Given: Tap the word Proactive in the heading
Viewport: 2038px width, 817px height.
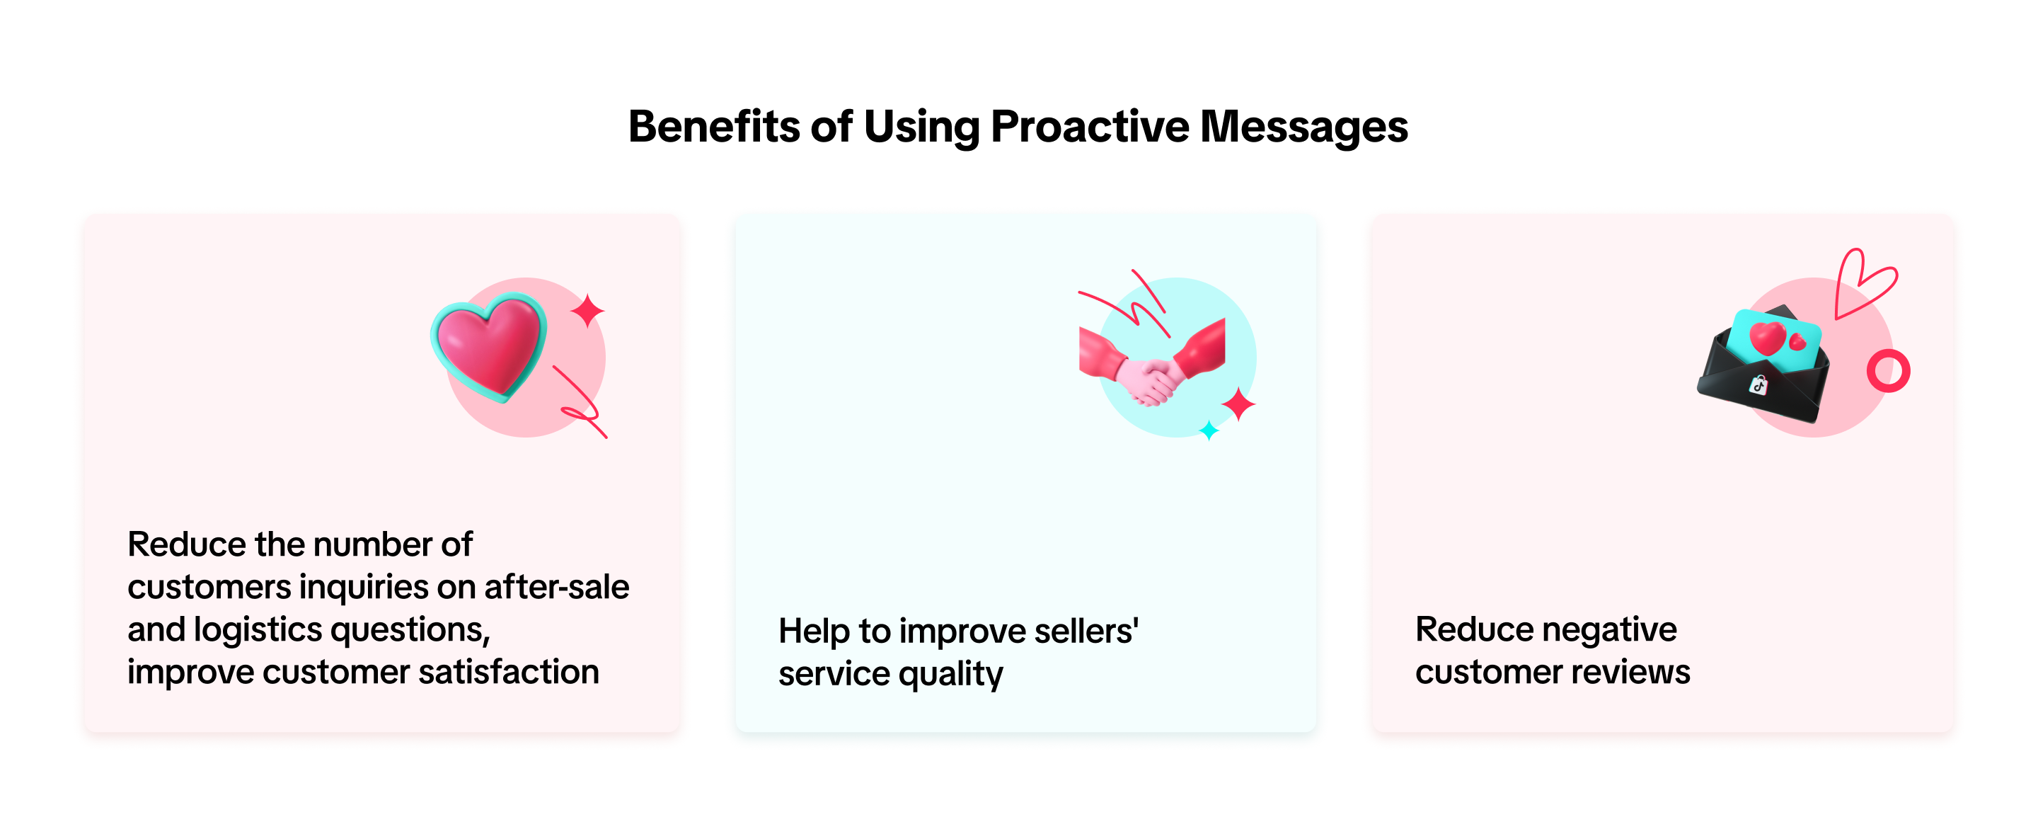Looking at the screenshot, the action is click(x=1090, y=127).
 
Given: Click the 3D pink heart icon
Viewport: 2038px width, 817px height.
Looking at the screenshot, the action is click(x=489, y=347).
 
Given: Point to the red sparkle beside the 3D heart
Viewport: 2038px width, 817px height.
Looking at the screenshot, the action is click(x=588, y=310).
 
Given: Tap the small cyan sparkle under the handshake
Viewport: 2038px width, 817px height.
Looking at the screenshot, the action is click(x=1209, y=430).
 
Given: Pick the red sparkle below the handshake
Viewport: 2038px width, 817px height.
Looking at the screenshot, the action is click(x=1238, y=404).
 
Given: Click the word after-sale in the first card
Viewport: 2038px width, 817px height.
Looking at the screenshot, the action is click(x=557, y=587).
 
